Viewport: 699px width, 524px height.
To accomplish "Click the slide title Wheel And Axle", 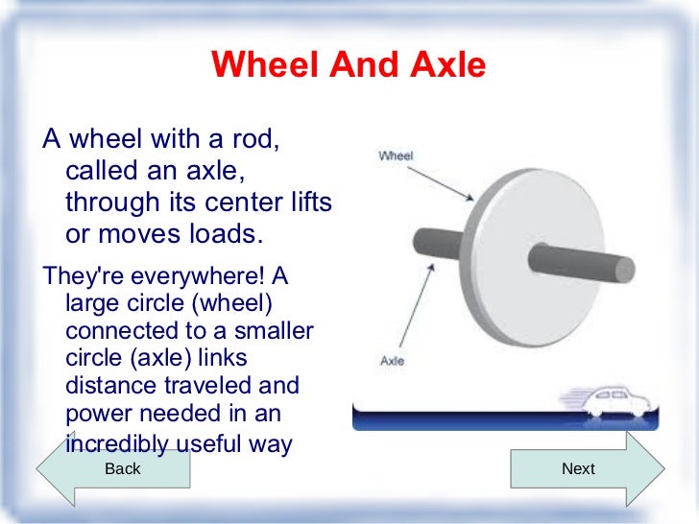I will pyautogui.click(x=349, y=65).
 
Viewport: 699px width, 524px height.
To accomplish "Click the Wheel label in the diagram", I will pyautogui.click(x=396, y=155).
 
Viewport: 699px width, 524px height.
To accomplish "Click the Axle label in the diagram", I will pyautogui.click(x=392, y=362).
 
